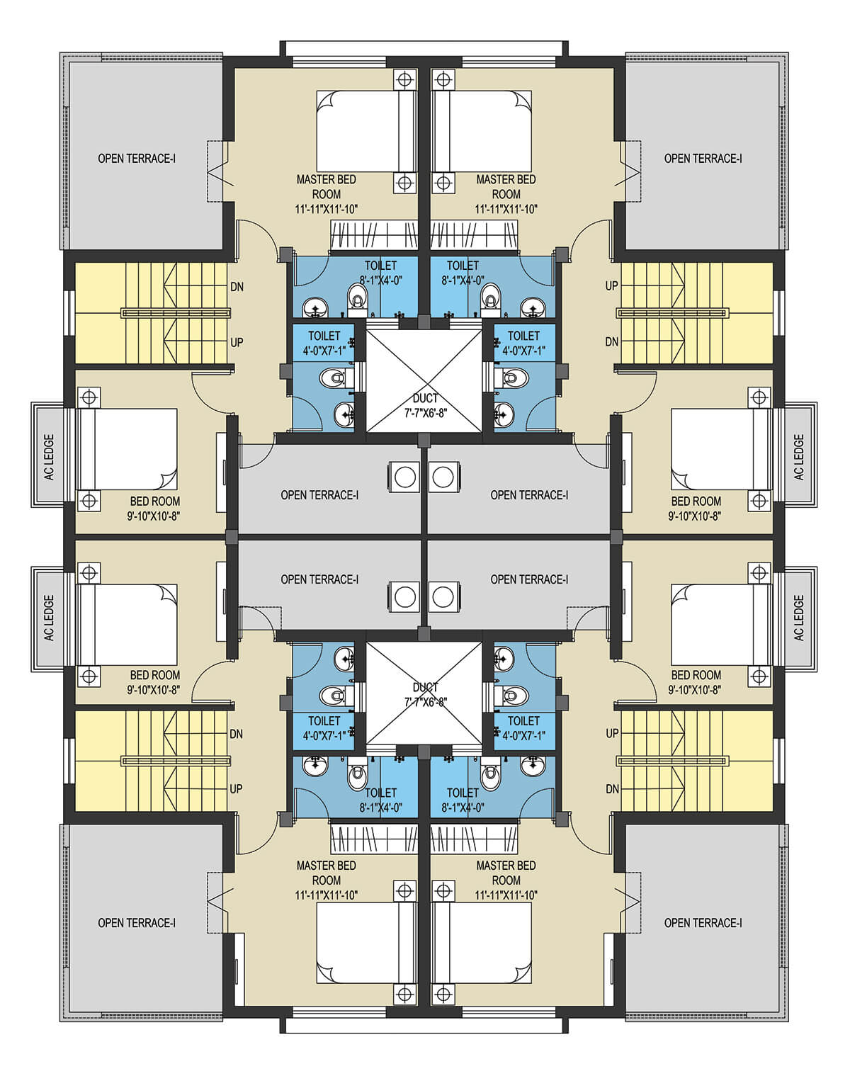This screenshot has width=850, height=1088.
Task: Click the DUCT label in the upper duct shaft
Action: coord(425,398)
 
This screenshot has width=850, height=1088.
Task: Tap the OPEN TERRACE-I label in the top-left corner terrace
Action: coord(137,159)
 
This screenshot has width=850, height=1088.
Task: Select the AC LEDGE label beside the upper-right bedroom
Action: coord(799,457)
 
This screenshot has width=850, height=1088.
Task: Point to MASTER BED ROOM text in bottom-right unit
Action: coord(506,873)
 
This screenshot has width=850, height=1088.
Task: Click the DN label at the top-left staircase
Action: coord(237,287)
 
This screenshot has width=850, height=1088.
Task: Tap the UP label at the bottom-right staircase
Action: coord(612,733)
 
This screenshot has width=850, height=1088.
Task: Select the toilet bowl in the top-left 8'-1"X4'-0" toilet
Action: coord(357,300)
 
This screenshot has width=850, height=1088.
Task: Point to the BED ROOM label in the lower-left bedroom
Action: coord(154,675)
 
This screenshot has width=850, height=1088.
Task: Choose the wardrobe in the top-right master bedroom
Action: coord(474,235)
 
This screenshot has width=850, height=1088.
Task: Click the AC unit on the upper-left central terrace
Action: coord(405,477)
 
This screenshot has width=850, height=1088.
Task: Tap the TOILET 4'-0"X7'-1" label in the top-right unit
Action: coord(523,343)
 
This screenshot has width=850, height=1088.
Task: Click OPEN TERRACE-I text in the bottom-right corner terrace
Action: coord(703,923)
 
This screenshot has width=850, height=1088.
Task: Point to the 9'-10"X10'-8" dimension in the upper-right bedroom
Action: coord(695,516)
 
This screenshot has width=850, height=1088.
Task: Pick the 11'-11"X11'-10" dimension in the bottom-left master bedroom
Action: coord(326,895)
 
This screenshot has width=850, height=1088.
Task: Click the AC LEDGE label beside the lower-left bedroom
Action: coord(50,618)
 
